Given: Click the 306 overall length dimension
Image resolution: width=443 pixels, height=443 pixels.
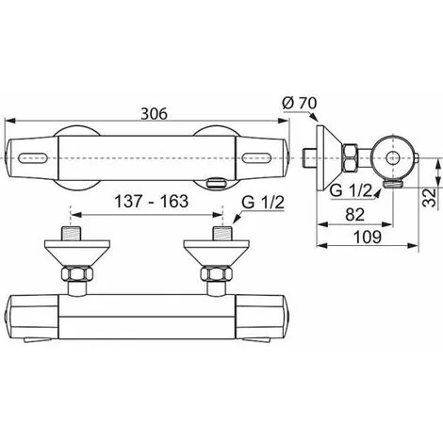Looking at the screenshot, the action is pyautogui.click(x=154, y=114).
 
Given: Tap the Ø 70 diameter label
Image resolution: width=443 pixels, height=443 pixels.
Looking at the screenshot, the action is pyautogui.click(x=300, y=104).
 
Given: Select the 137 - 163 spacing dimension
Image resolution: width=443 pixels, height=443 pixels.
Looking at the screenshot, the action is pyautogui.click(x=152, y=201).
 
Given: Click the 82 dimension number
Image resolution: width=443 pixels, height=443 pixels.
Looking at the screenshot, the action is pyautogui.click(x=355, y=215).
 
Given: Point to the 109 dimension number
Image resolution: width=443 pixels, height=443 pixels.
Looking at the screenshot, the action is pyautogui.click(x=368, y=237).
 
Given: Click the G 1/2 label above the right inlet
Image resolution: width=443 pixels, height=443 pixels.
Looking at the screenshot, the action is pyautogui.click(x=263, y=203).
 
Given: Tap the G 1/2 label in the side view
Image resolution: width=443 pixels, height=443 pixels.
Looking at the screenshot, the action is pyautogui.click(x=351, y=190).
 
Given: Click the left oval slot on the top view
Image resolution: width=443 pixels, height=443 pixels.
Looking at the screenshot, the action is pyautogui.click(x=33, y=157).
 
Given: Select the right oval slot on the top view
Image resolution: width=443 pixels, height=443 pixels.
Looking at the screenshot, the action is pyautogui.click(x=257, y=157).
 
